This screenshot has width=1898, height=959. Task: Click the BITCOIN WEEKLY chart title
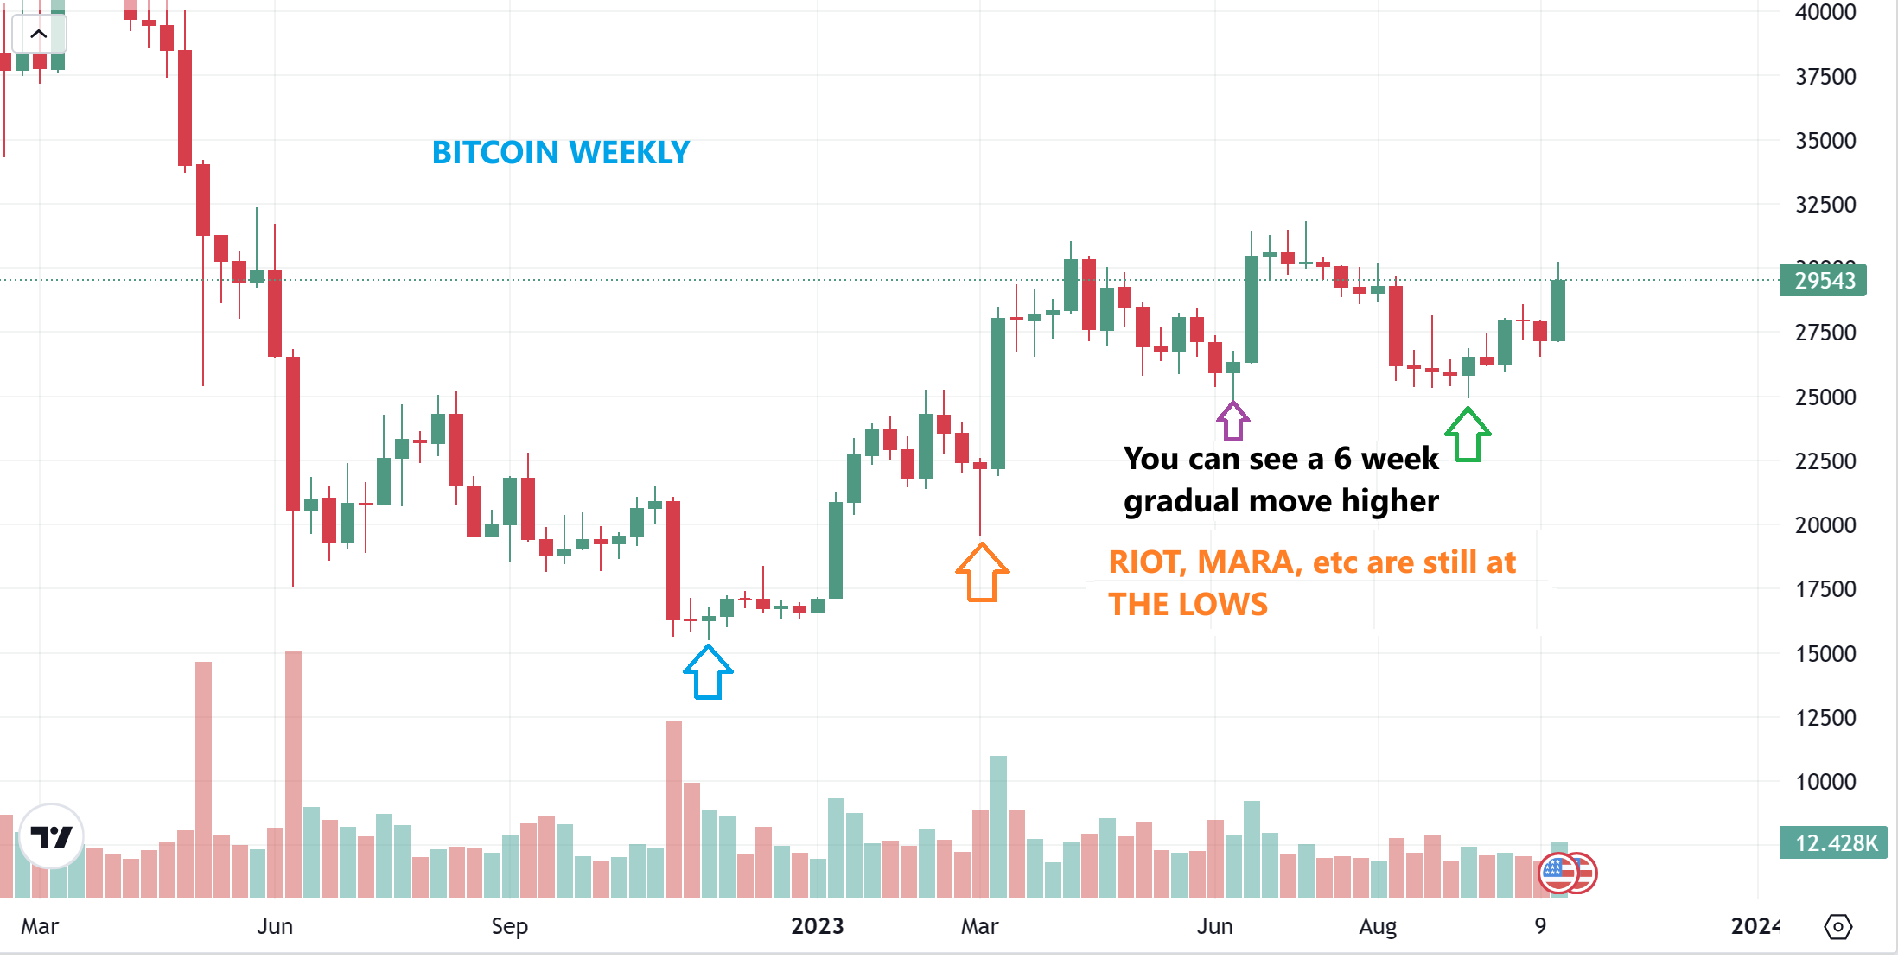[560, 153]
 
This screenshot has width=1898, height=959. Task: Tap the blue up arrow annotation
[708, 673]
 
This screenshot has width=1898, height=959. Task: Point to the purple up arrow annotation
[1232, 421]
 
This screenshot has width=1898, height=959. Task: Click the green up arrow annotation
[1468, 435]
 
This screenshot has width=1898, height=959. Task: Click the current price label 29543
[1823, 281]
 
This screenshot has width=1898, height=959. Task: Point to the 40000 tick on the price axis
[1825, 13]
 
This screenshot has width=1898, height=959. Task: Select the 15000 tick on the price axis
[1825, 654]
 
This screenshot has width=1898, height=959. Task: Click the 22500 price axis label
[1825, 461]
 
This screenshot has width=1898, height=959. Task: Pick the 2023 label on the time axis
[817, 926]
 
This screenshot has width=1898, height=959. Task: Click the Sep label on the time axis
[509, 926]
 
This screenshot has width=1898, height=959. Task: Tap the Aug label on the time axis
[1377, 926]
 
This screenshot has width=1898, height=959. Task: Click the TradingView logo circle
[51, 836]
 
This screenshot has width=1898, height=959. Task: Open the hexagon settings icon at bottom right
[1837, 927]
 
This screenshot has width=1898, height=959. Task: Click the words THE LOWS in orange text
[1188, 604]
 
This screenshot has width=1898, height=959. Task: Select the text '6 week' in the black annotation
[1386, 459]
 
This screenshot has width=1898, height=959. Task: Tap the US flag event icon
[1559, 873]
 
